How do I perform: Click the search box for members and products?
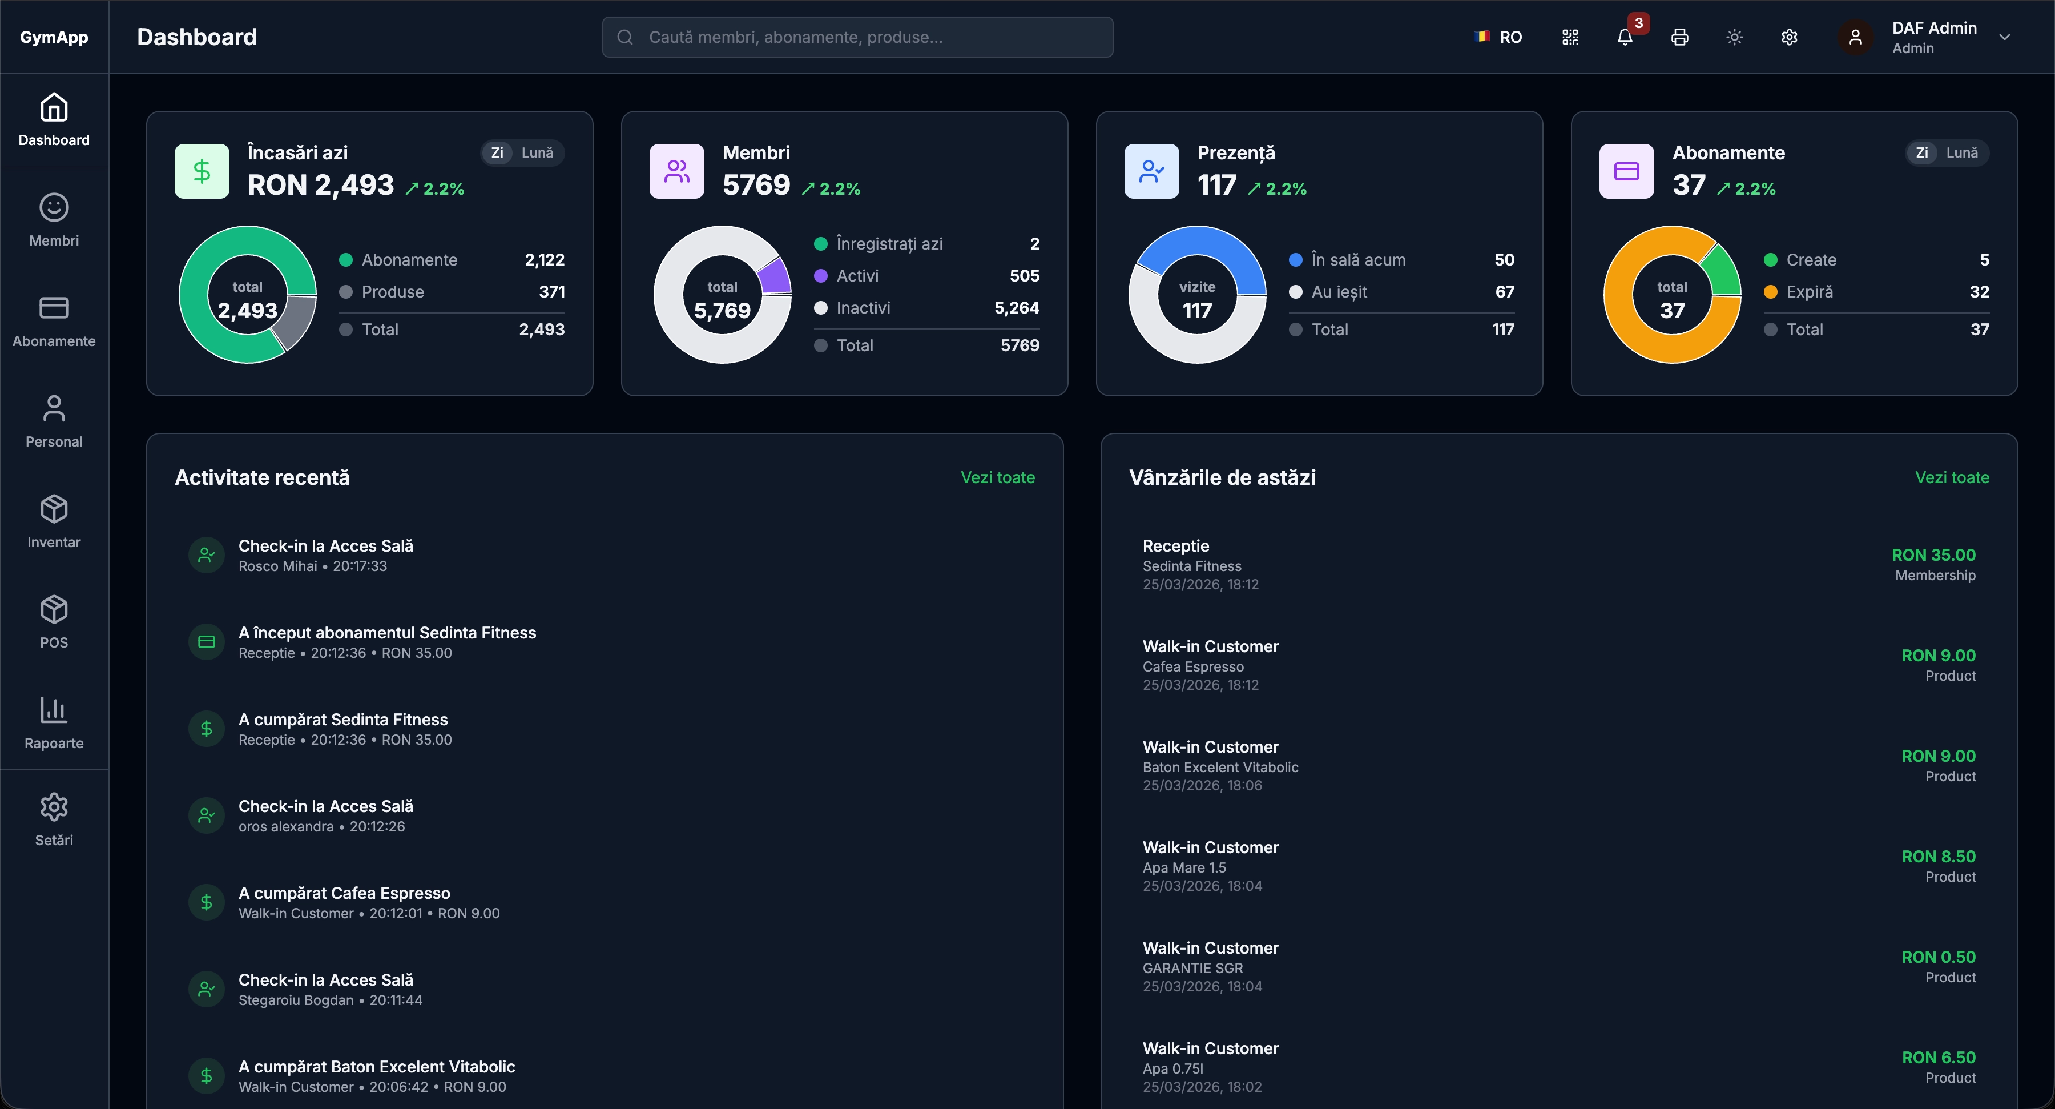857,37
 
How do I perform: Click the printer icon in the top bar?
1679,37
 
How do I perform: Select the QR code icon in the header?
1570,37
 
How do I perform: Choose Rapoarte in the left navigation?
54,722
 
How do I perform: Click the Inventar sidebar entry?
54,521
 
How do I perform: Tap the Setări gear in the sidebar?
54,818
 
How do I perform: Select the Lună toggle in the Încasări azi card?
537,152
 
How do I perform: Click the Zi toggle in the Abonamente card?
1922,152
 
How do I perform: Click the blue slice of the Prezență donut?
1200,243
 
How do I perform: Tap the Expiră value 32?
1979,292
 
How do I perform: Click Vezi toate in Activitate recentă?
997,477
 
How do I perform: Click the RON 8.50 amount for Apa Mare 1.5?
1938,856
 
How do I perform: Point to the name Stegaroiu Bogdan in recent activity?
296,1000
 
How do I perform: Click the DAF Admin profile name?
1934,28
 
